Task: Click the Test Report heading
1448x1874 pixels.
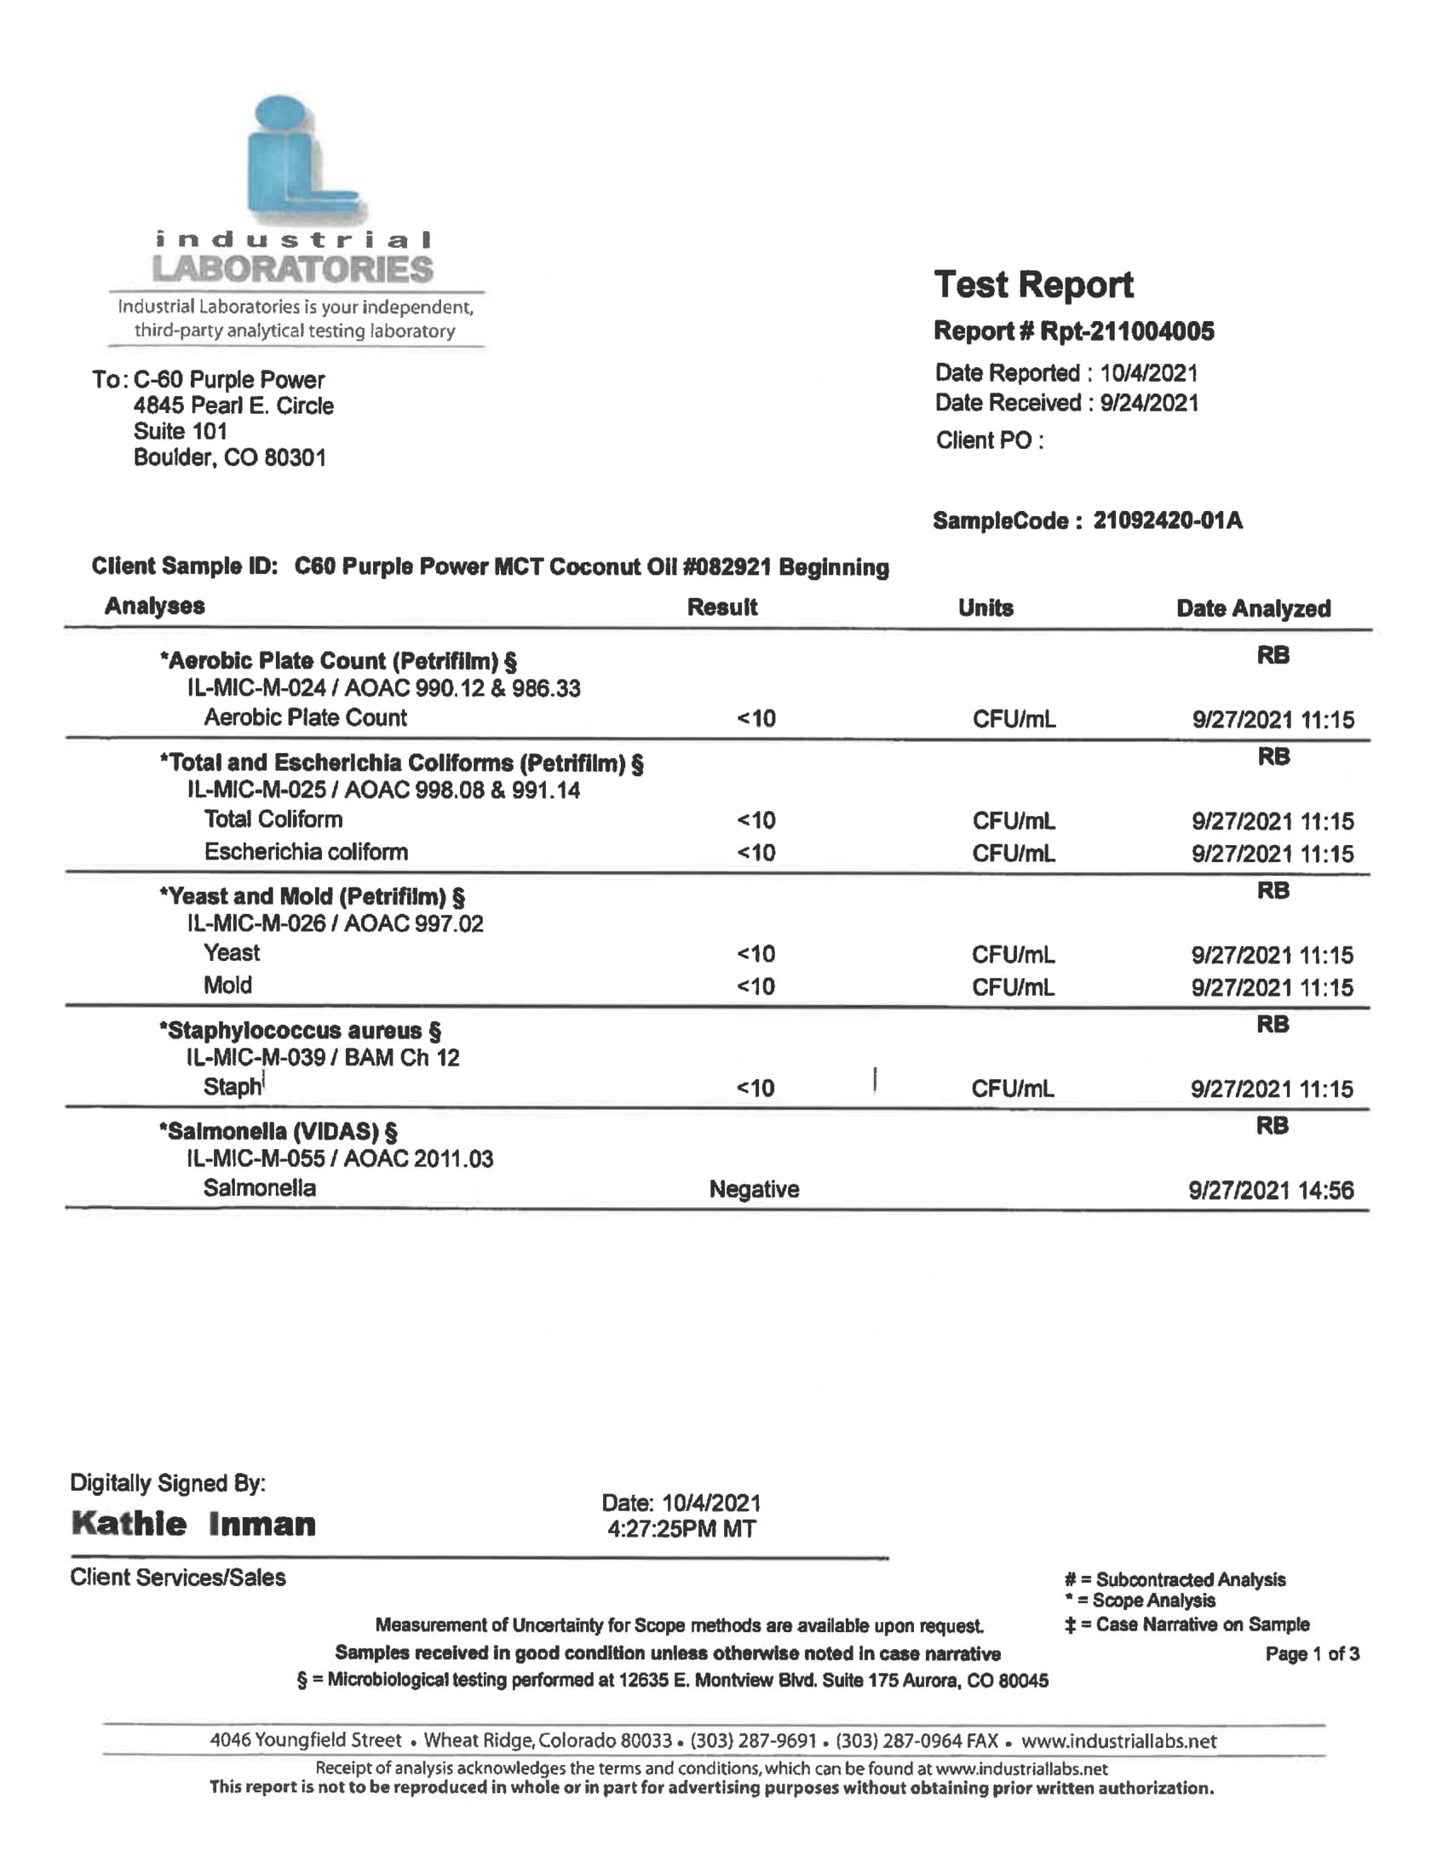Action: (x=1033, y=285)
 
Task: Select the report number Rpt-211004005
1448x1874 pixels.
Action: (x=1126, y=331)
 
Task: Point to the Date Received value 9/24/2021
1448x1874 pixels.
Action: (x=1149, y=402)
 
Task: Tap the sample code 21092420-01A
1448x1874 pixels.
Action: (x=1167, y=520)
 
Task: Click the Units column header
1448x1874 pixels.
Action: (x=985, y=607)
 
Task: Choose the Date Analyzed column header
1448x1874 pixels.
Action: (x=1252, y=608)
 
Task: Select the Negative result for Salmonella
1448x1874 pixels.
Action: (x=753, y=1188)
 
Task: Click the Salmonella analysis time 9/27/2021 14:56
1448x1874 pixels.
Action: (x=1271, y=1190)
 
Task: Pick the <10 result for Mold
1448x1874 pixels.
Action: (x=755, y=986)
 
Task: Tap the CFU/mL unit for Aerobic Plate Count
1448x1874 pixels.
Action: (x=1013, y=719)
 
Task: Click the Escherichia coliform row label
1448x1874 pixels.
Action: (x=306, y=852)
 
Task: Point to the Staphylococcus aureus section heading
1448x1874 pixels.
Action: (x=300, y=1030)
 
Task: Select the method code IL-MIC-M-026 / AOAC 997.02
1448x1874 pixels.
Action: (x=335, y=923)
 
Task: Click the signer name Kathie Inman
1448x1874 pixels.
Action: (x=194, y=1524)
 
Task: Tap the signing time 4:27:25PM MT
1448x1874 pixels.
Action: (x=681, y=1528)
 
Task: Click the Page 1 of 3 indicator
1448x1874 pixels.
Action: (x=1312, y=1653)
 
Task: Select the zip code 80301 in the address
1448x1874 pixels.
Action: (x=295, y=457)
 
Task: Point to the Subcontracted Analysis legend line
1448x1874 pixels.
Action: (x=1175, y=1579)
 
